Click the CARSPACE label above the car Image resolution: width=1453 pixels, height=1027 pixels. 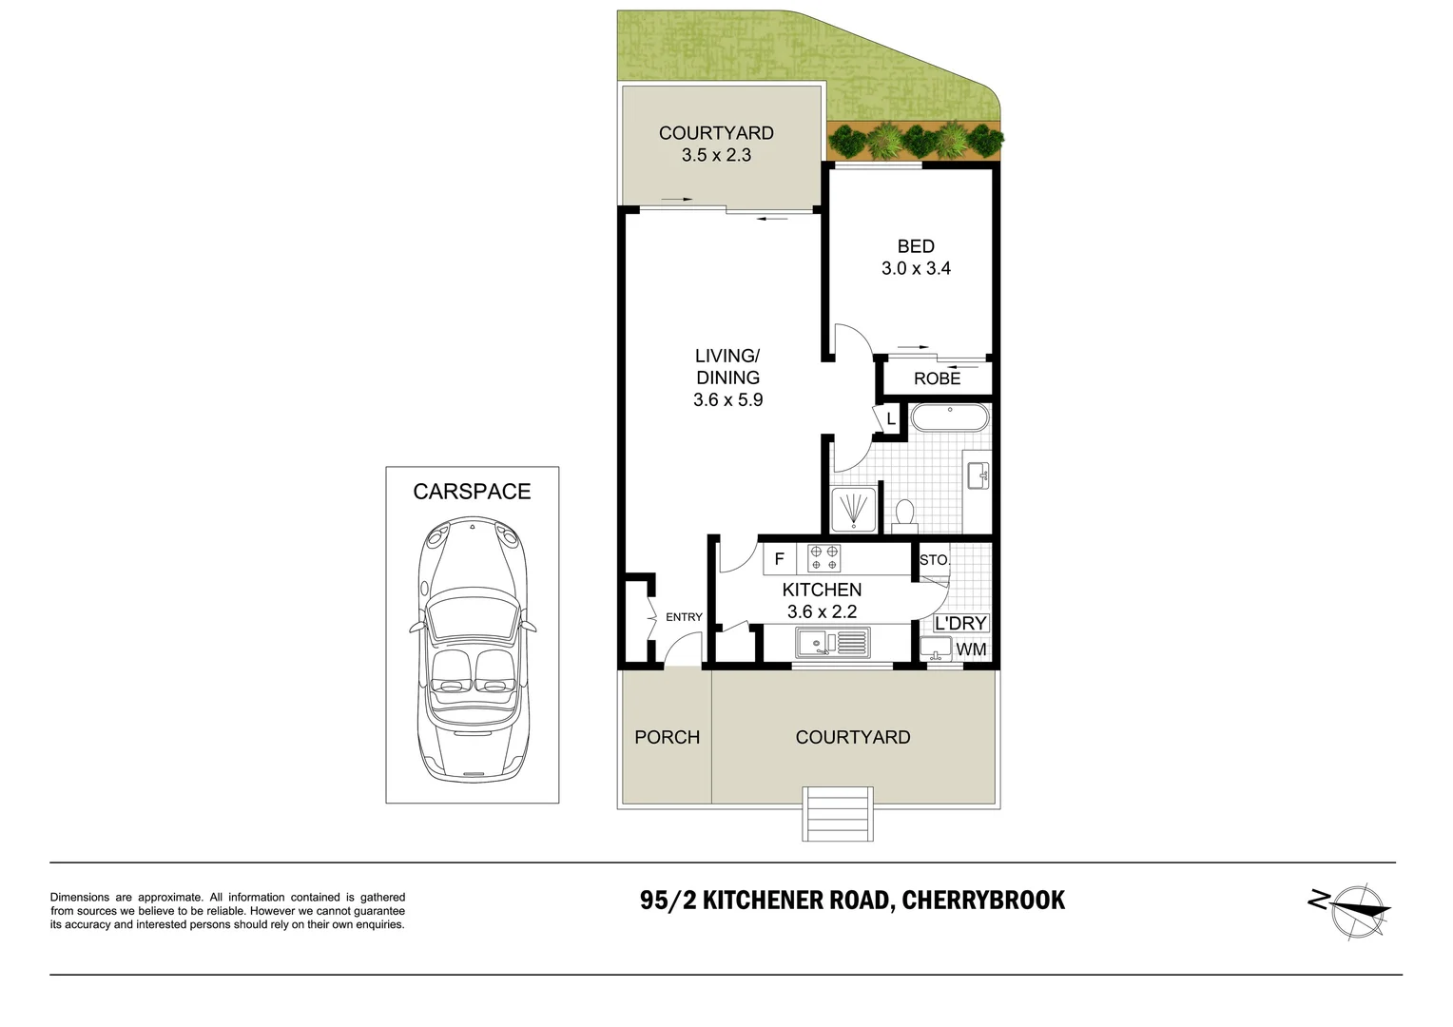472,492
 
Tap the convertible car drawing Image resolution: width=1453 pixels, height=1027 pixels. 472,649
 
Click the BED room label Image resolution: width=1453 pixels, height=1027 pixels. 916,246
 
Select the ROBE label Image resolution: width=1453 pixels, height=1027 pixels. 937,378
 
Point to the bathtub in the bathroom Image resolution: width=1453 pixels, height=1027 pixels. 949,418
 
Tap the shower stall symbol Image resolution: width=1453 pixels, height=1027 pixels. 853,510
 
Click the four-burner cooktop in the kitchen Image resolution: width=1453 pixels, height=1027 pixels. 824,558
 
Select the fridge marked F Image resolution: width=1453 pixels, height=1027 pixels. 779,559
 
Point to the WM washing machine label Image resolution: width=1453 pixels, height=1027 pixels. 971,649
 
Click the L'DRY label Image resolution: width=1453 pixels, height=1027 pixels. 960,623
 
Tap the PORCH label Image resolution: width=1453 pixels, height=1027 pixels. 667,737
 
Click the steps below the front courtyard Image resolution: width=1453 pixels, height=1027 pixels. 838,813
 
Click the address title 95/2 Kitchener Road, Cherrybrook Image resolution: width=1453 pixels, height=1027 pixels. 852,900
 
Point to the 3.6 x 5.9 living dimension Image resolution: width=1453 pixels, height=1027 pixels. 727,400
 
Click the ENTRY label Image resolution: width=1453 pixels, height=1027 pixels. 684,617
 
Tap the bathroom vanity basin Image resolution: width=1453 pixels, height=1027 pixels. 977,475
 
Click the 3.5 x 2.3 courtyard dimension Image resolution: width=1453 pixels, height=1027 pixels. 716,155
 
